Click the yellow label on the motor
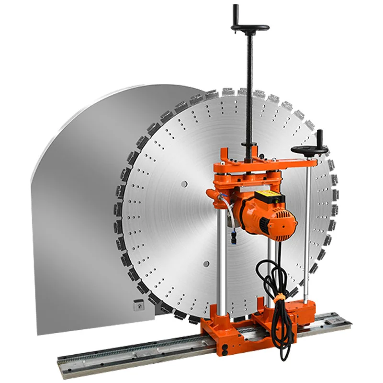click(x=269, y=196)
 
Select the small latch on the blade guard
click(x=138, y=303)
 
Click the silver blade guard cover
click(x=77, y=215)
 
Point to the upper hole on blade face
click(x=184, y=184)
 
